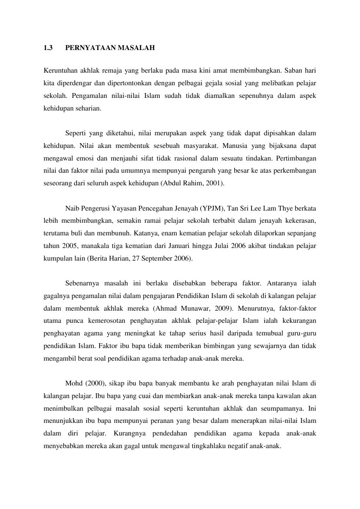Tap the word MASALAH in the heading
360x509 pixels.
coord(136,49)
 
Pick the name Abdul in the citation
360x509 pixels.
coord(172,183)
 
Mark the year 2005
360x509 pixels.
coord(68,246)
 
